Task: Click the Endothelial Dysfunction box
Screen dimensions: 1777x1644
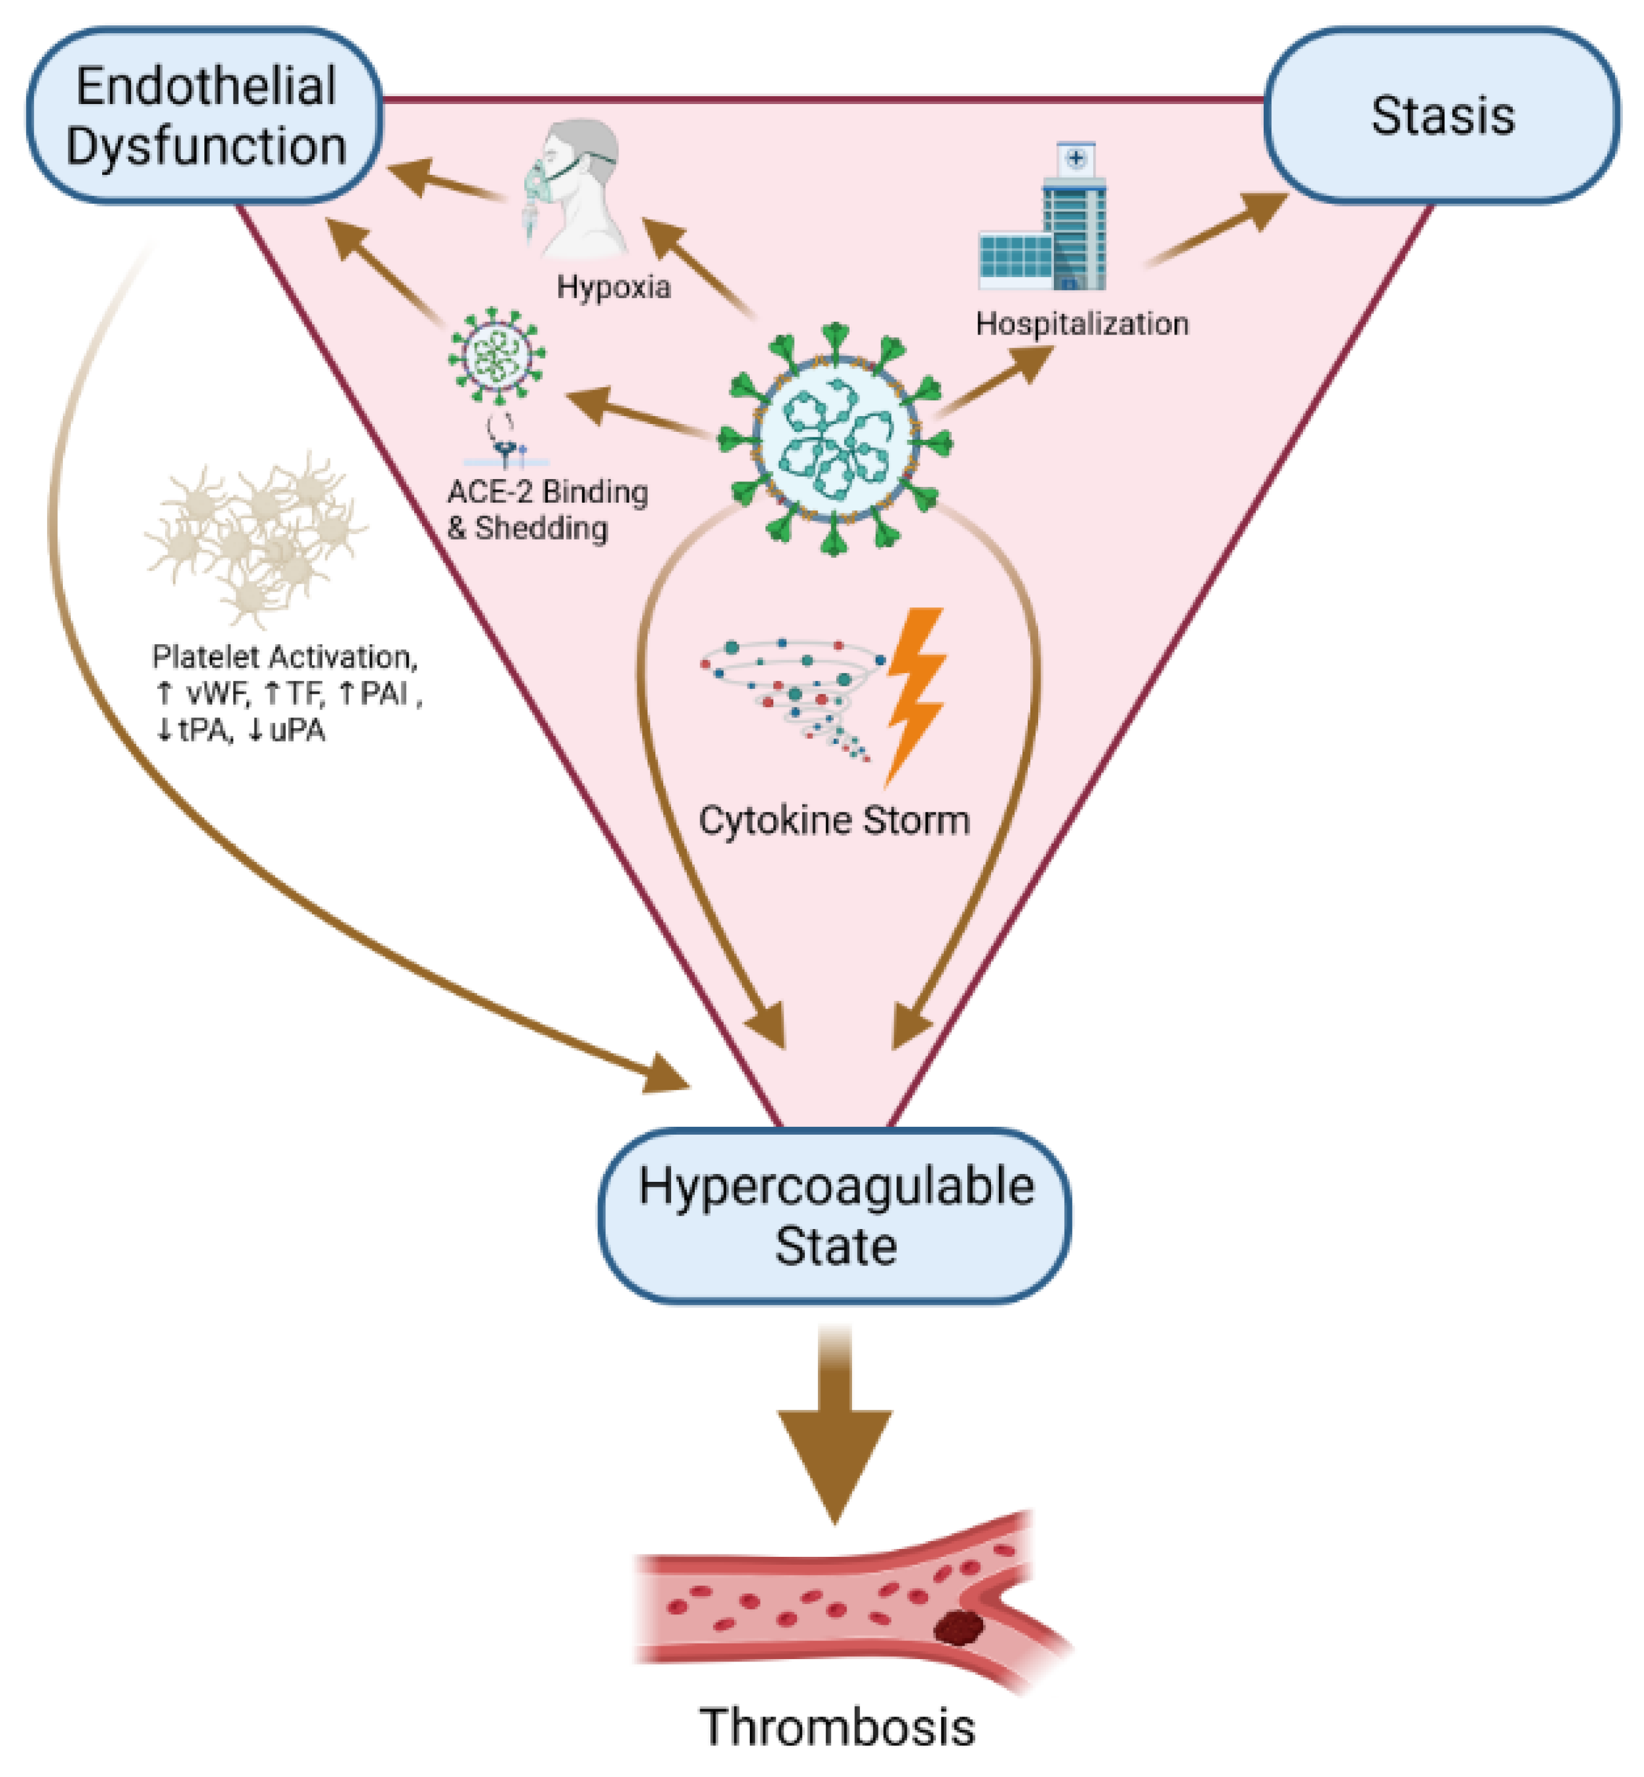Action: coord(204,116)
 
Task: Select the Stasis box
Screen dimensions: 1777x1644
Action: coord(1441,116)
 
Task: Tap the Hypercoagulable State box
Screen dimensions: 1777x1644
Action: coord(834,1216)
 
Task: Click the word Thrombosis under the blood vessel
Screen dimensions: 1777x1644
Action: coord(836,1726)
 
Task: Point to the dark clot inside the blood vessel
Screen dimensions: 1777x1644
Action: coord(959,1628)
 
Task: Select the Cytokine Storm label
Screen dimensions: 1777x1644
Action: coord(834,820)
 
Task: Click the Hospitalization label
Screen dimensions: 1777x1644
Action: coord(1082,324)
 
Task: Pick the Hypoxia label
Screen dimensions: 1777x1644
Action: coord(613,287)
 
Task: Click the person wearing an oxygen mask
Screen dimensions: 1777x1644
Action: coord(574,187)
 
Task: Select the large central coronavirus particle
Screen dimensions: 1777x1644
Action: coord(836,440)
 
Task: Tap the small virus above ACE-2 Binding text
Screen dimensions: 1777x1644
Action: coord(496,356)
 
